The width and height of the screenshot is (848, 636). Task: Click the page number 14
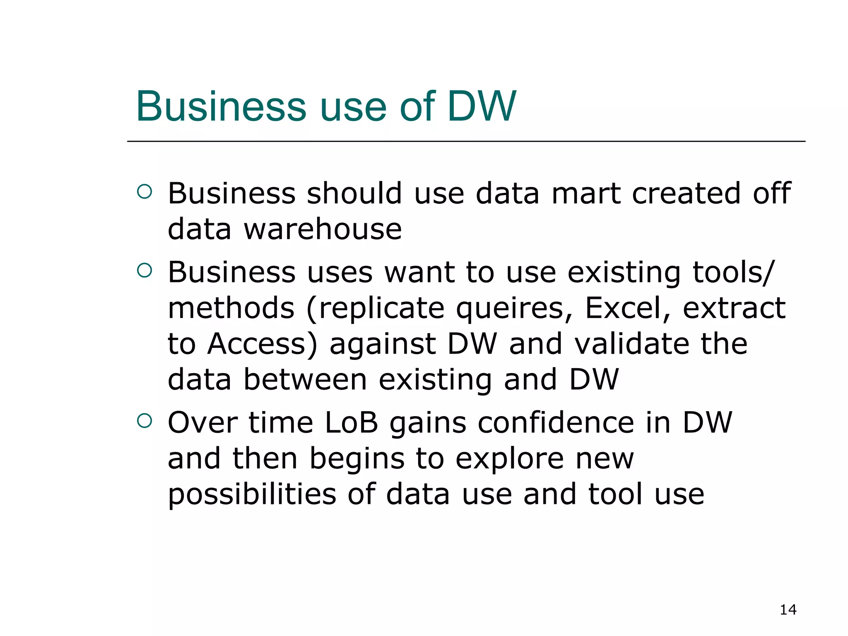(788, 609)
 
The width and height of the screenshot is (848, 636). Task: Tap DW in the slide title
(482, 106)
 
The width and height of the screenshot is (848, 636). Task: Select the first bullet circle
(145, 192)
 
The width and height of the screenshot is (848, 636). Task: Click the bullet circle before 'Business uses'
(145, 270)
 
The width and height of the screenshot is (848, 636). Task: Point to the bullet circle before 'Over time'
(145, 421)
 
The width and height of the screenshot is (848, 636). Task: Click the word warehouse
(323, 229)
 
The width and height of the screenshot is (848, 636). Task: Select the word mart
(586, 193)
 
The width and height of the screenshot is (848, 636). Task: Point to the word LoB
(352, 423)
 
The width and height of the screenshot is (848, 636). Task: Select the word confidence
(556, 423)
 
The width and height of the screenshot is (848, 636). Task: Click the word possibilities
(252, 495)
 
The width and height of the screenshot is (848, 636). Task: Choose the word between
(305, 380)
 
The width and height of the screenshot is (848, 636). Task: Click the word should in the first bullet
(354, 193)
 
